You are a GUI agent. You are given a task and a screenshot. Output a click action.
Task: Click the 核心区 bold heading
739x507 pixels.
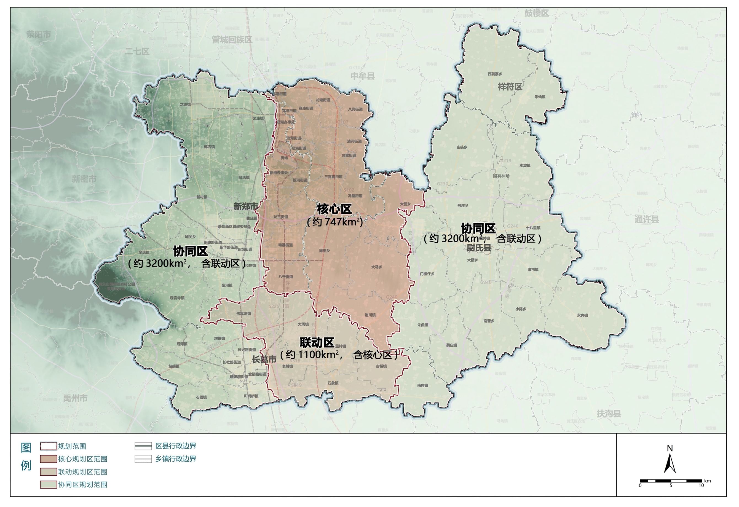(334, 210)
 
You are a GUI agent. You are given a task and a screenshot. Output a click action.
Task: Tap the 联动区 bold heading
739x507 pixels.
(317, 343)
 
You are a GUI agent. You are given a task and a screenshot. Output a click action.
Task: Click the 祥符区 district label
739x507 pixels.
(510, 87)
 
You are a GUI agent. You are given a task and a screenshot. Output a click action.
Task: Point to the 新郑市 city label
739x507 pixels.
(246, 206)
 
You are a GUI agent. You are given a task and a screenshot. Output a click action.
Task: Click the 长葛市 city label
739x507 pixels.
(264, 360)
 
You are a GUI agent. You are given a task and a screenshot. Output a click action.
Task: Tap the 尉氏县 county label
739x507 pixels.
(479, 248)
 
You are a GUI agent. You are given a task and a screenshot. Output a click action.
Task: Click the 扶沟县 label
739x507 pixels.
(609, 414)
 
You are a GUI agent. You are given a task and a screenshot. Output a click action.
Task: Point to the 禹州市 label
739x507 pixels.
(75, 398)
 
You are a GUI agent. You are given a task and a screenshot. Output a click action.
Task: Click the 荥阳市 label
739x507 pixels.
(39, 34)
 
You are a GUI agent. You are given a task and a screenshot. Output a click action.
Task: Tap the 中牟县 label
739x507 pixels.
(363, 76)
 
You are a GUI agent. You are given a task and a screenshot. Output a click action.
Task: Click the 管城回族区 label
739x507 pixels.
(232, 40)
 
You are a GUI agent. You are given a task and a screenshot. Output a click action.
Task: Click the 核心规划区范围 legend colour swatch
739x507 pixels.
(48, 459)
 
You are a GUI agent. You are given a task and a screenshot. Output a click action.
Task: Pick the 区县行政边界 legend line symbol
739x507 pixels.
(143, 446)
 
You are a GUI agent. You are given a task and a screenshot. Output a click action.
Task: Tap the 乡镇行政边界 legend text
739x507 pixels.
(176, 459)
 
